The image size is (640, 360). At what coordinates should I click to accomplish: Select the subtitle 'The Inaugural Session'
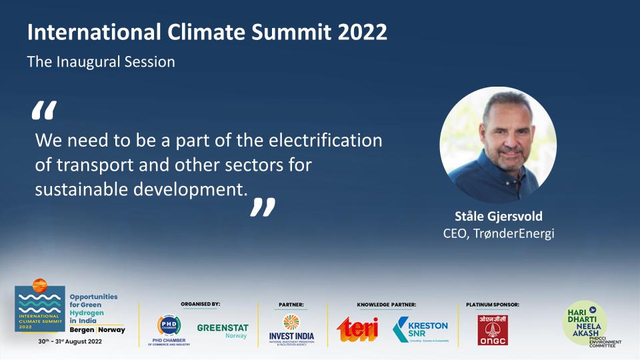pyautogui.click(x=101, y=62)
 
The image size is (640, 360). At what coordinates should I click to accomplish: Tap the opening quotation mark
pyautogui.click(x=44, y=112)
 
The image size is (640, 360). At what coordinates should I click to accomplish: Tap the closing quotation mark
pyautogui.click(x=262, y=207)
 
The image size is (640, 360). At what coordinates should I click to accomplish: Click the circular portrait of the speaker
pyautogui.click(x=498, y=145)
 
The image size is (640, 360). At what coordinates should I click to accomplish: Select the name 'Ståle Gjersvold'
pyautogui.click(x=499, y=217)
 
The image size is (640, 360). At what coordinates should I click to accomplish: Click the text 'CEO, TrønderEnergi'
pyautogui.click(x=499, y=234)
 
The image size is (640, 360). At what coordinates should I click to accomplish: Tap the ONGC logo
pyautogui.click(x=492, y=329)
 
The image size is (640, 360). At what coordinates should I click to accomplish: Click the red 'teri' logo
pyautogui.click(x=357, y=329)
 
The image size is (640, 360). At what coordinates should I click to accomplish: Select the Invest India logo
pyautogui.click(x=291, y=328)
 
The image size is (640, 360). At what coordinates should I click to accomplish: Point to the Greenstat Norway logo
pyautogui.click(x=223, y=331)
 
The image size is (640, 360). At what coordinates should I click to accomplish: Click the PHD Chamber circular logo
pyautogui.click(x=169, y=325)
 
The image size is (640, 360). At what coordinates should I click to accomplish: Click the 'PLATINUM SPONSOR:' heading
pyautogui.click(x=493, y=305)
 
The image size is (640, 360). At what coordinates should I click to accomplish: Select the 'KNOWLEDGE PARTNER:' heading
pyautogui.click(x=386, y=305)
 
